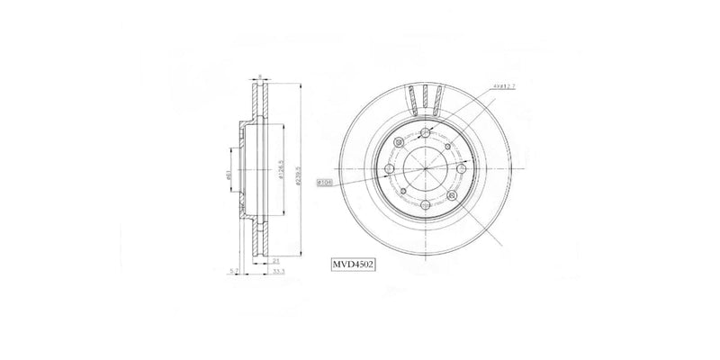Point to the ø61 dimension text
tap(229, 177)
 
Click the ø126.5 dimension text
tap(283, 173)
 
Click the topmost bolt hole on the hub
tap(426, 133)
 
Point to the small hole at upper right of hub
tap(447, 144)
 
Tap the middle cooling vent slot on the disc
tap(426, 95)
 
